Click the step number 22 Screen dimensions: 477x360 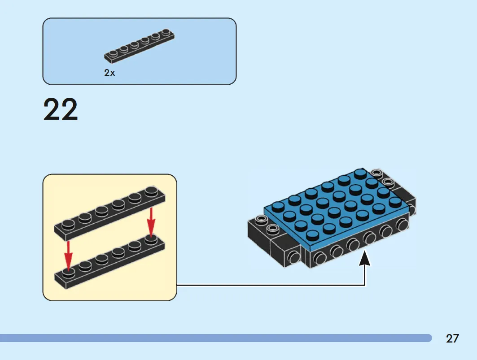click(61, 109)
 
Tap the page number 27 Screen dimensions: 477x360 click(452, 338)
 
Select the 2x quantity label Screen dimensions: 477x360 click(109, 73)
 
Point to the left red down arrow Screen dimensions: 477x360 click(69, 256)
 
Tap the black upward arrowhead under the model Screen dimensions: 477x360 click(365, 258)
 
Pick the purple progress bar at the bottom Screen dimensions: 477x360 click(216, 338)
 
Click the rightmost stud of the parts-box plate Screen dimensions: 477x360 click(166, 32)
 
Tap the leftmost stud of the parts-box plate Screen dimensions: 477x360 click(113, 53)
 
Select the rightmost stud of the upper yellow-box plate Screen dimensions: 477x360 click(152, 191)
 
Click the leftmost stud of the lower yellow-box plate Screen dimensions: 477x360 click(68, 273)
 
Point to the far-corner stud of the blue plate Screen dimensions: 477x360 click(360, 173)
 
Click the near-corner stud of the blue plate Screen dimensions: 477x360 click(313, 235)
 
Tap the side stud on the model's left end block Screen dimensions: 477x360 click(293, 257)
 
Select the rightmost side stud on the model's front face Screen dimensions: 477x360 click(402, 225)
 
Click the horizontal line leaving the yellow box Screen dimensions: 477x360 click(271, 285)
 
